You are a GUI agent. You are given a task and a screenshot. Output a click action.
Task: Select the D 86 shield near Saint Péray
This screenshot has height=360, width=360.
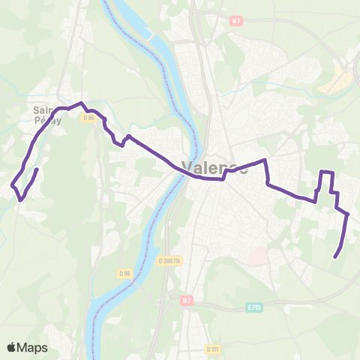[x=89, y=117]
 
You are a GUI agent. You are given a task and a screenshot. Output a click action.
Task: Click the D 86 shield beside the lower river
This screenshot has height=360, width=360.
[x=124, y=273]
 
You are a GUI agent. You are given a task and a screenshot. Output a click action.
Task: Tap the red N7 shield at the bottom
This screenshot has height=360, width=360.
[x=186, y=300]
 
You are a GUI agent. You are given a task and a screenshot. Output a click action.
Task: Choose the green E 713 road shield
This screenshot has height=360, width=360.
[x=253, y=307]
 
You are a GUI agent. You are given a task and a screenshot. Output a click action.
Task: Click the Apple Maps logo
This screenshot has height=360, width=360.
[x=27, y=347]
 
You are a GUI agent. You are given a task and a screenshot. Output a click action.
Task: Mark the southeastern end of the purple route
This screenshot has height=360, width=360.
[x=334, y=257]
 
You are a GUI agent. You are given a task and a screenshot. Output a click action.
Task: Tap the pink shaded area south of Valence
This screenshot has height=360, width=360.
[x=257, y=257]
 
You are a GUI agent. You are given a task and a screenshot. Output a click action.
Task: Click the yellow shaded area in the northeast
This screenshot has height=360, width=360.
[x=340, y=78]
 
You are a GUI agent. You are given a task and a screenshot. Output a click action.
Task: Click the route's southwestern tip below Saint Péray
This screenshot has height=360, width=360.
[x=20, y=199]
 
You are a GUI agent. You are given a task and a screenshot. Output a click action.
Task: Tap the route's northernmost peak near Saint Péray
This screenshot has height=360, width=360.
[x=82, y=103]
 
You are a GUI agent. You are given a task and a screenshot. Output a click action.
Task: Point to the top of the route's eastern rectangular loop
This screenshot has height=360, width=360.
[x=326, y=172]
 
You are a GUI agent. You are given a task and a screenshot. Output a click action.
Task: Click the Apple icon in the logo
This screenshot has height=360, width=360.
[x=12, y=347]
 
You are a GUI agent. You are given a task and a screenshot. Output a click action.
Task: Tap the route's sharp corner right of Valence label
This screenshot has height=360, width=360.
[x=265, y=160]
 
